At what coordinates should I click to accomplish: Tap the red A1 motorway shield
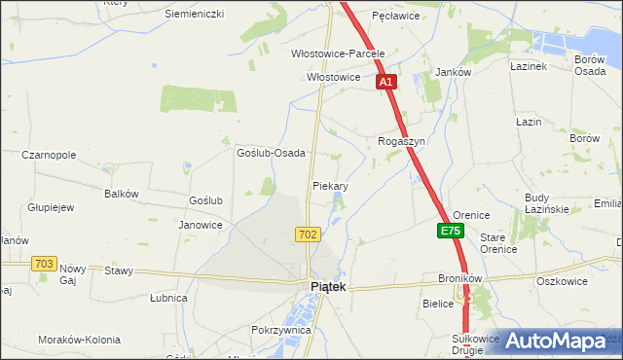[386, 83]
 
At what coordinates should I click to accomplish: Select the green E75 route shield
[450, 231]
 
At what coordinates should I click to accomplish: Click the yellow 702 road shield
[308, 234]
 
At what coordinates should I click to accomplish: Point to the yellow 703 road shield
[43, 264]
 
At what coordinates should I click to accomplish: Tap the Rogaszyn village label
[402, 141]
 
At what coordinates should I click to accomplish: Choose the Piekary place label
[331, 185]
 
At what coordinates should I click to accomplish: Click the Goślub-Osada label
[272, 153]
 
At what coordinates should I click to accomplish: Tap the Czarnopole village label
[49, 155]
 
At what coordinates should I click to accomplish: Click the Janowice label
[201, 225]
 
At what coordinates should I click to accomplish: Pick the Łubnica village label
[169, 298]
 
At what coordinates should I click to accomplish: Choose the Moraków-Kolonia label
[79, 340]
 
